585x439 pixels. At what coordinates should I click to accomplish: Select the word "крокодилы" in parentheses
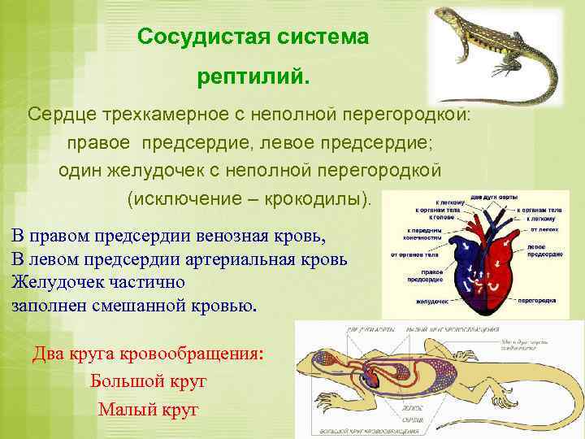(x=316, y=198)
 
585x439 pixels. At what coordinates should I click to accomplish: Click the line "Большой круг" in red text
(x=148, y=381)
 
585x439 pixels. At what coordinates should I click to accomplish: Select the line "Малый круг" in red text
(x=148, y=409)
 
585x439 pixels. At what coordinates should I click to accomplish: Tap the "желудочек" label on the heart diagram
(x=433, y=302)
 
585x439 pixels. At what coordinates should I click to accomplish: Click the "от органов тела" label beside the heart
(x=414, y=253)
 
